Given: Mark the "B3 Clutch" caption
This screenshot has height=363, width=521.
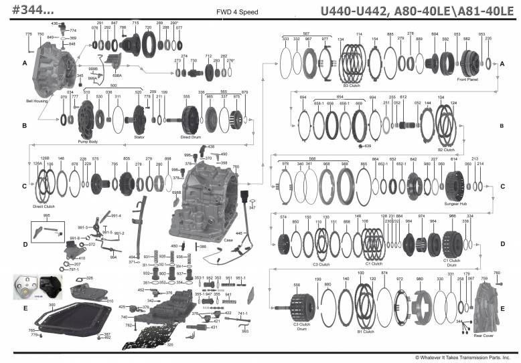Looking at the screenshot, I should (x=352, y=86).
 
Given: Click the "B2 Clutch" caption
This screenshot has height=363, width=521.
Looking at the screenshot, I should (x=446, y=150).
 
